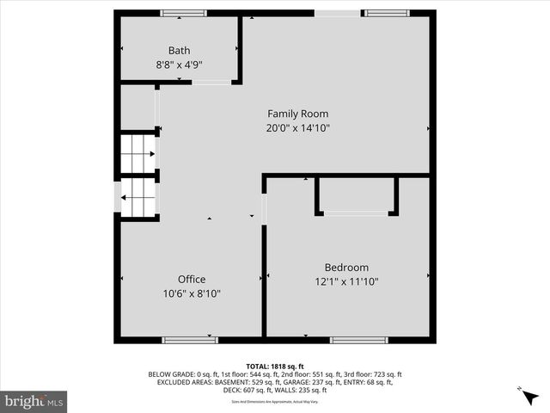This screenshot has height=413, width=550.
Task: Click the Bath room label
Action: click(179, 51)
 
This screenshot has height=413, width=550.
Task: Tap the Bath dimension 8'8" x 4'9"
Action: click(179, 65)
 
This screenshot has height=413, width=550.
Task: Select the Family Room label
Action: click(297, 114)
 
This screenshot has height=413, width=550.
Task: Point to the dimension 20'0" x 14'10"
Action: click(297, 127)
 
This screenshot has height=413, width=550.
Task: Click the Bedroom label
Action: click(346, 268)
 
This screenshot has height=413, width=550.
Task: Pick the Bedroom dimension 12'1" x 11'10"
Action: click(346, 281)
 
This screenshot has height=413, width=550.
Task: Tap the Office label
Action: click(192, 280)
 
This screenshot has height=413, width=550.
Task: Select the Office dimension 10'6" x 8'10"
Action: click(192, 293)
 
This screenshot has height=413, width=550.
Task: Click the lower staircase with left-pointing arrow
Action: click(137, 197)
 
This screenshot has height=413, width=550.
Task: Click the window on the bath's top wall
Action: click(183, 13)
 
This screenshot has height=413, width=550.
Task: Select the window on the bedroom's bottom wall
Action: click(358, 340)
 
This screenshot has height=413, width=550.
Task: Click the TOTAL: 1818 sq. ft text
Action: click(274, 366)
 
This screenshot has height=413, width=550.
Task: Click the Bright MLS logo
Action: click(34, 401)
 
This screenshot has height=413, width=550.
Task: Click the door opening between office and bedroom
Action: click(264, 207)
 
